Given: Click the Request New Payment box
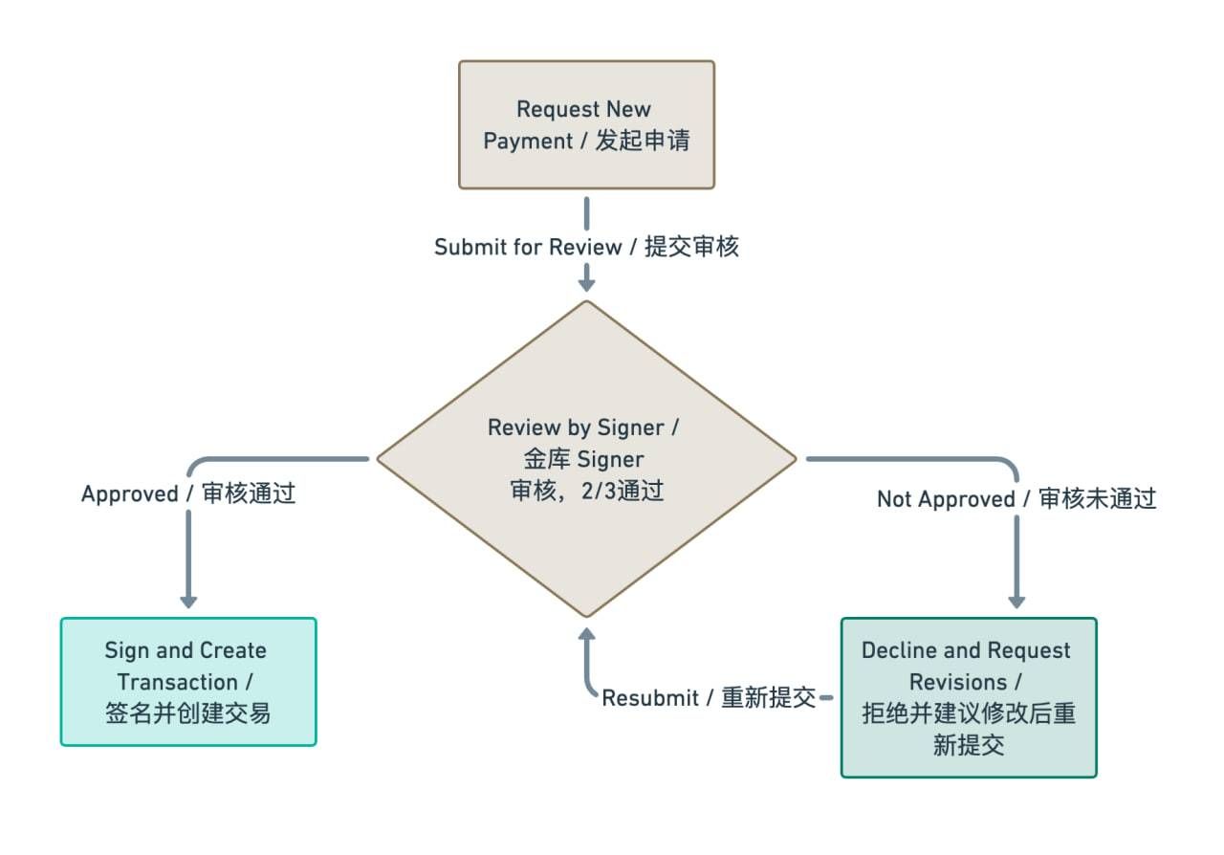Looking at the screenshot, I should click(x=586, y=124).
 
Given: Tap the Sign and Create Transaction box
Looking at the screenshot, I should click(x=187, y=681).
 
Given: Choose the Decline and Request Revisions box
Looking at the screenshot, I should click(x=968, y=697).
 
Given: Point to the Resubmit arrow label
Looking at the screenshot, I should click(x=708, y=698).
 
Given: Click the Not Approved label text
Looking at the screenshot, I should click(x=1016, y=499).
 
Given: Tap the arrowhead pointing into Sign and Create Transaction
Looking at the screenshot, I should click(x=188, y=601).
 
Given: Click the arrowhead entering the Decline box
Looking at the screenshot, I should click(x=1016, y=601).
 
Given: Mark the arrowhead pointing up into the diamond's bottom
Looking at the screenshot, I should click(x=587, y=635).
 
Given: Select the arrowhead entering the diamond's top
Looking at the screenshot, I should click(x=587, y=283).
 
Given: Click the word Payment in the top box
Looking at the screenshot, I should click(x=526, y=141).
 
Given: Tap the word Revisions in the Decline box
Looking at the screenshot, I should click(x=958, y=682).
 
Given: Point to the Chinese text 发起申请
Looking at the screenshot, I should click(x=643, y=141).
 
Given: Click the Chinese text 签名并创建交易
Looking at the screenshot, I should click(x=187, y=713).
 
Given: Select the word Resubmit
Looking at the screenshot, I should click(x=650, y=698).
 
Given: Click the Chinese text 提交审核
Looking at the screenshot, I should click(x=691, y=247).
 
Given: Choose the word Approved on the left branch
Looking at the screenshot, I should click(x=130, y=494).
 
